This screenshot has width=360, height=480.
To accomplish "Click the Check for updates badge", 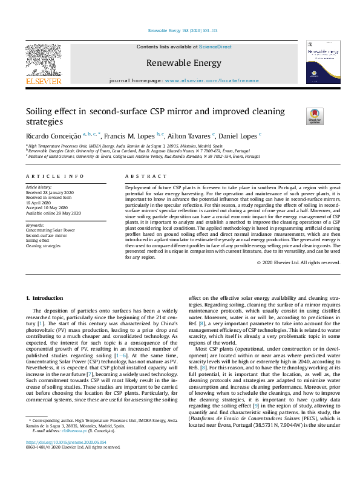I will tap(315, 116).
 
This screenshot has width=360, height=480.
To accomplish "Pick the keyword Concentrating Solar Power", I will tap(50, 230).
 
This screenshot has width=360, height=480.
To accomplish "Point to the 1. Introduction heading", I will tap(47, 299).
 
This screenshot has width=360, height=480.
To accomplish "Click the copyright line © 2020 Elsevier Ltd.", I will tap(299, 263).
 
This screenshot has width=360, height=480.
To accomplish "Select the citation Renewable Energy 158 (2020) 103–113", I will tap(182, 30).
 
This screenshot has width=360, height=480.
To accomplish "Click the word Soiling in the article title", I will tap(39, 111).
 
